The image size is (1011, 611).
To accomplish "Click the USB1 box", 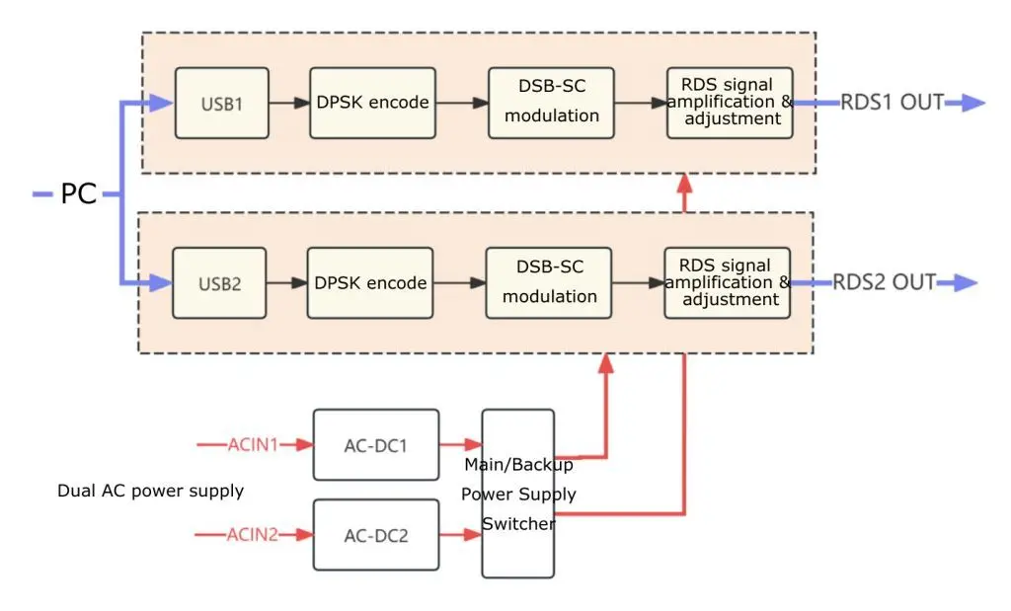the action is (x=222, y=103).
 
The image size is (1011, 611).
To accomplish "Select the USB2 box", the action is (x=219, y=283).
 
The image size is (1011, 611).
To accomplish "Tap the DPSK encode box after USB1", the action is (x=372, y=103).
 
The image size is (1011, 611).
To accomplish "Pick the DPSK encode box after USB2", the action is (x=370, y=283).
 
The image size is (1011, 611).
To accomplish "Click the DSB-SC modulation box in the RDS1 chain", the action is (x=551, y=103).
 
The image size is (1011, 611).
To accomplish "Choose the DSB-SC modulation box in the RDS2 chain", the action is (x=549, y=283).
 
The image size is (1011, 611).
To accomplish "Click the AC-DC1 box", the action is (x=376, y=445).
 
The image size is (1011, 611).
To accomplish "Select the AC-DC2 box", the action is (x=376, y=535).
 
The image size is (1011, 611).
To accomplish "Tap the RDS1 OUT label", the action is (x=893, y=103).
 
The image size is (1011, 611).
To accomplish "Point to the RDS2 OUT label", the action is (x=884, y=282).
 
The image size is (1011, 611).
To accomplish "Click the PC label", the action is (x=79, y=193).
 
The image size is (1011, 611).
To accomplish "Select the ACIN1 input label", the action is (x=253, y=445).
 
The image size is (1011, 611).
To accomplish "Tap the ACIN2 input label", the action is (x=252, y=534).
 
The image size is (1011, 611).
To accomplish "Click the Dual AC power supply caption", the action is (x=151, y=491).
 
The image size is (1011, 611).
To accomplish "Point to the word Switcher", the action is (x=518, y=523).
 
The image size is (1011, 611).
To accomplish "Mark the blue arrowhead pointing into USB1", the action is (x=161, y=103).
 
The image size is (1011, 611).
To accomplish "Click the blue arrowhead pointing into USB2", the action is (x=161, y=282).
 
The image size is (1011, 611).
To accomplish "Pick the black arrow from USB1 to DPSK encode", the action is (x=289, y=103).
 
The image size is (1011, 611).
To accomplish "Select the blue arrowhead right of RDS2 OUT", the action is (x=966, y=282).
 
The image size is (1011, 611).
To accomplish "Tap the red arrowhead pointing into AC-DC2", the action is (x=304, y=534).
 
